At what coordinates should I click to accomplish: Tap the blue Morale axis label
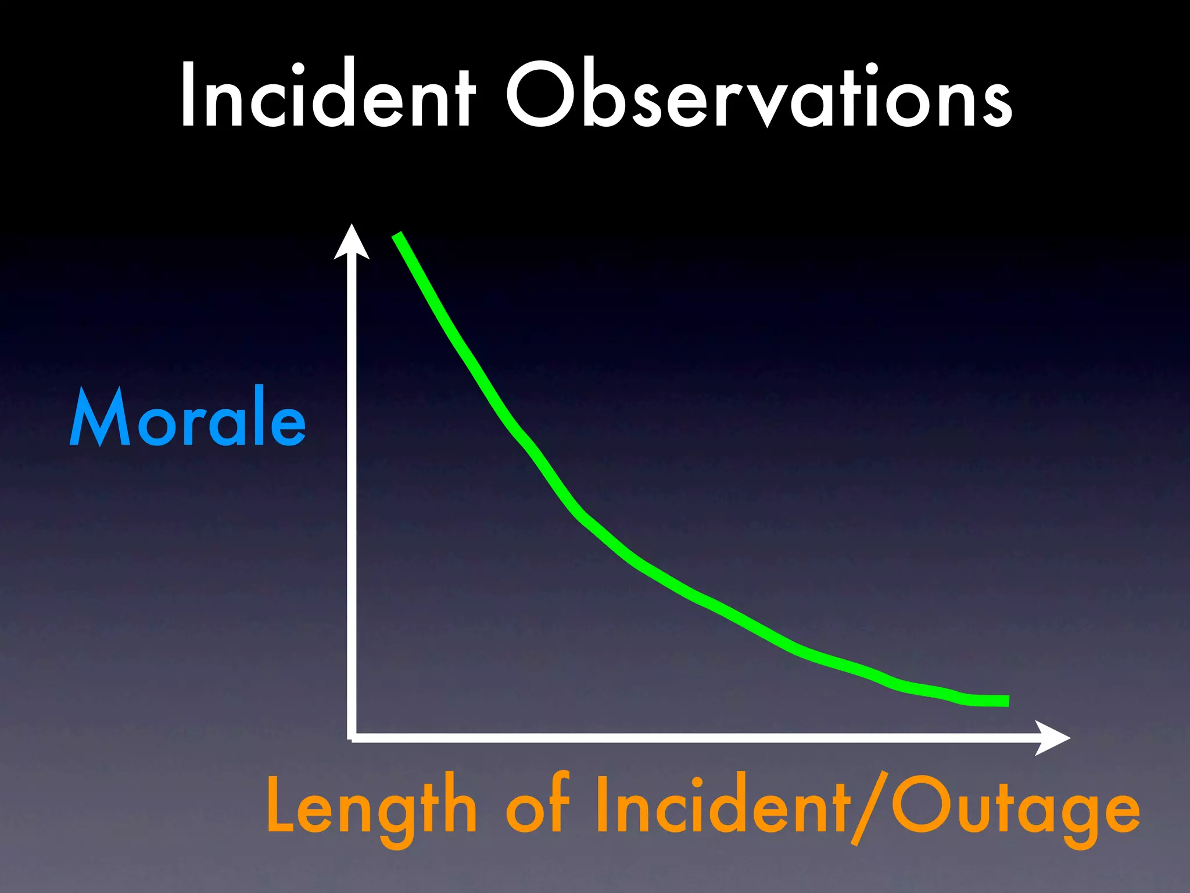(x=188, y=417)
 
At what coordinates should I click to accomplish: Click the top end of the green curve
(x=397, y=235)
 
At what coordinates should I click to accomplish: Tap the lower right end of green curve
(x=1007, y=701)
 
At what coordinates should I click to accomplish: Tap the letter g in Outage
(x=1080, y=817)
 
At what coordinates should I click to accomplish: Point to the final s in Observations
(x=996, y=103)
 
